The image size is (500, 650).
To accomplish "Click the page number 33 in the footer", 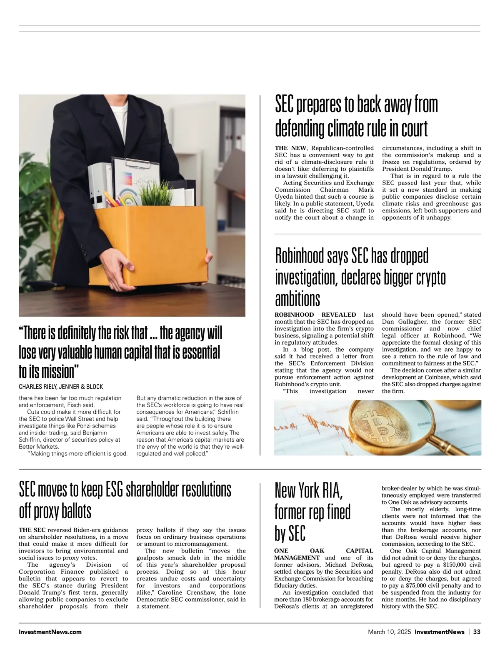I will [x=477, y=632].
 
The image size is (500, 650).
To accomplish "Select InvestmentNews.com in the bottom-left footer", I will [x=50, y=632].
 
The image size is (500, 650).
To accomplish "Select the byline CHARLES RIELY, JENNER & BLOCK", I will [x=61, y=387].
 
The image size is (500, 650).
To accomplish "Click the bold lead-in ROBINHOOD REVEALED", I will [x=315, y=315].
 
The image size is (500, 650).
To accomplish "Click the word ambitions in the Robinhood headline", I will [x=297, y=299].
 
